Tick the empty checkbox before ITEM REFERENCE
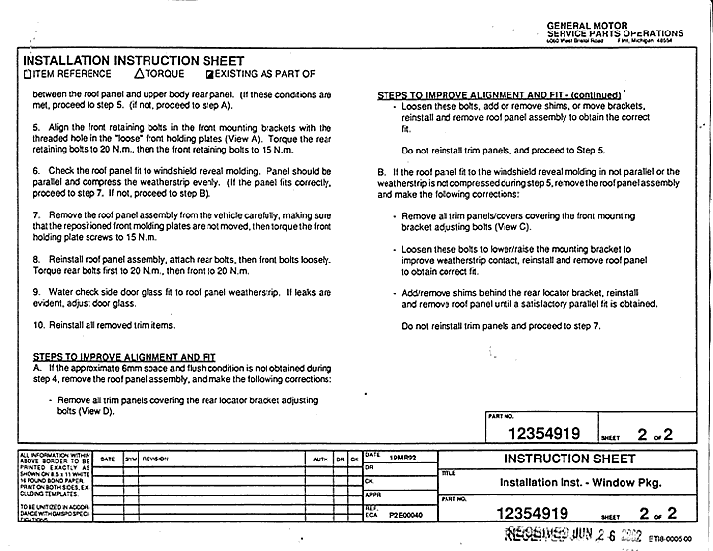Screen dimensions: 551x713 26,74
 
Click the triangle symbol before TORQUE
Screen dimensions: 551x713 139,74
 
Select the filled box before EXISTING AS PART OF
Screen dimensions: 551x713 208,74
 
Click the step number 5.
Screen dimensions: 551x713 35,126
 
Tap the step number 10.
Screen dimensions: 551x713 38,324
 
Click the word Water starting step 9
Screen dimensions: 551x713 63,292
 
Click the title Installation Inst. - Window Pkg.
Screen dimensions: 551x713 579,483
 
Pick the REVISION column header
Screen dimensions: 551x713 156,459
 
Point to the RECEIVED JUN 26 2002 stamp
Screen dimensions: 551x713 574,536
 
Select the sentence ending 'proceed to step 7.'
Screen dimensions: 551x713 502,325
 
